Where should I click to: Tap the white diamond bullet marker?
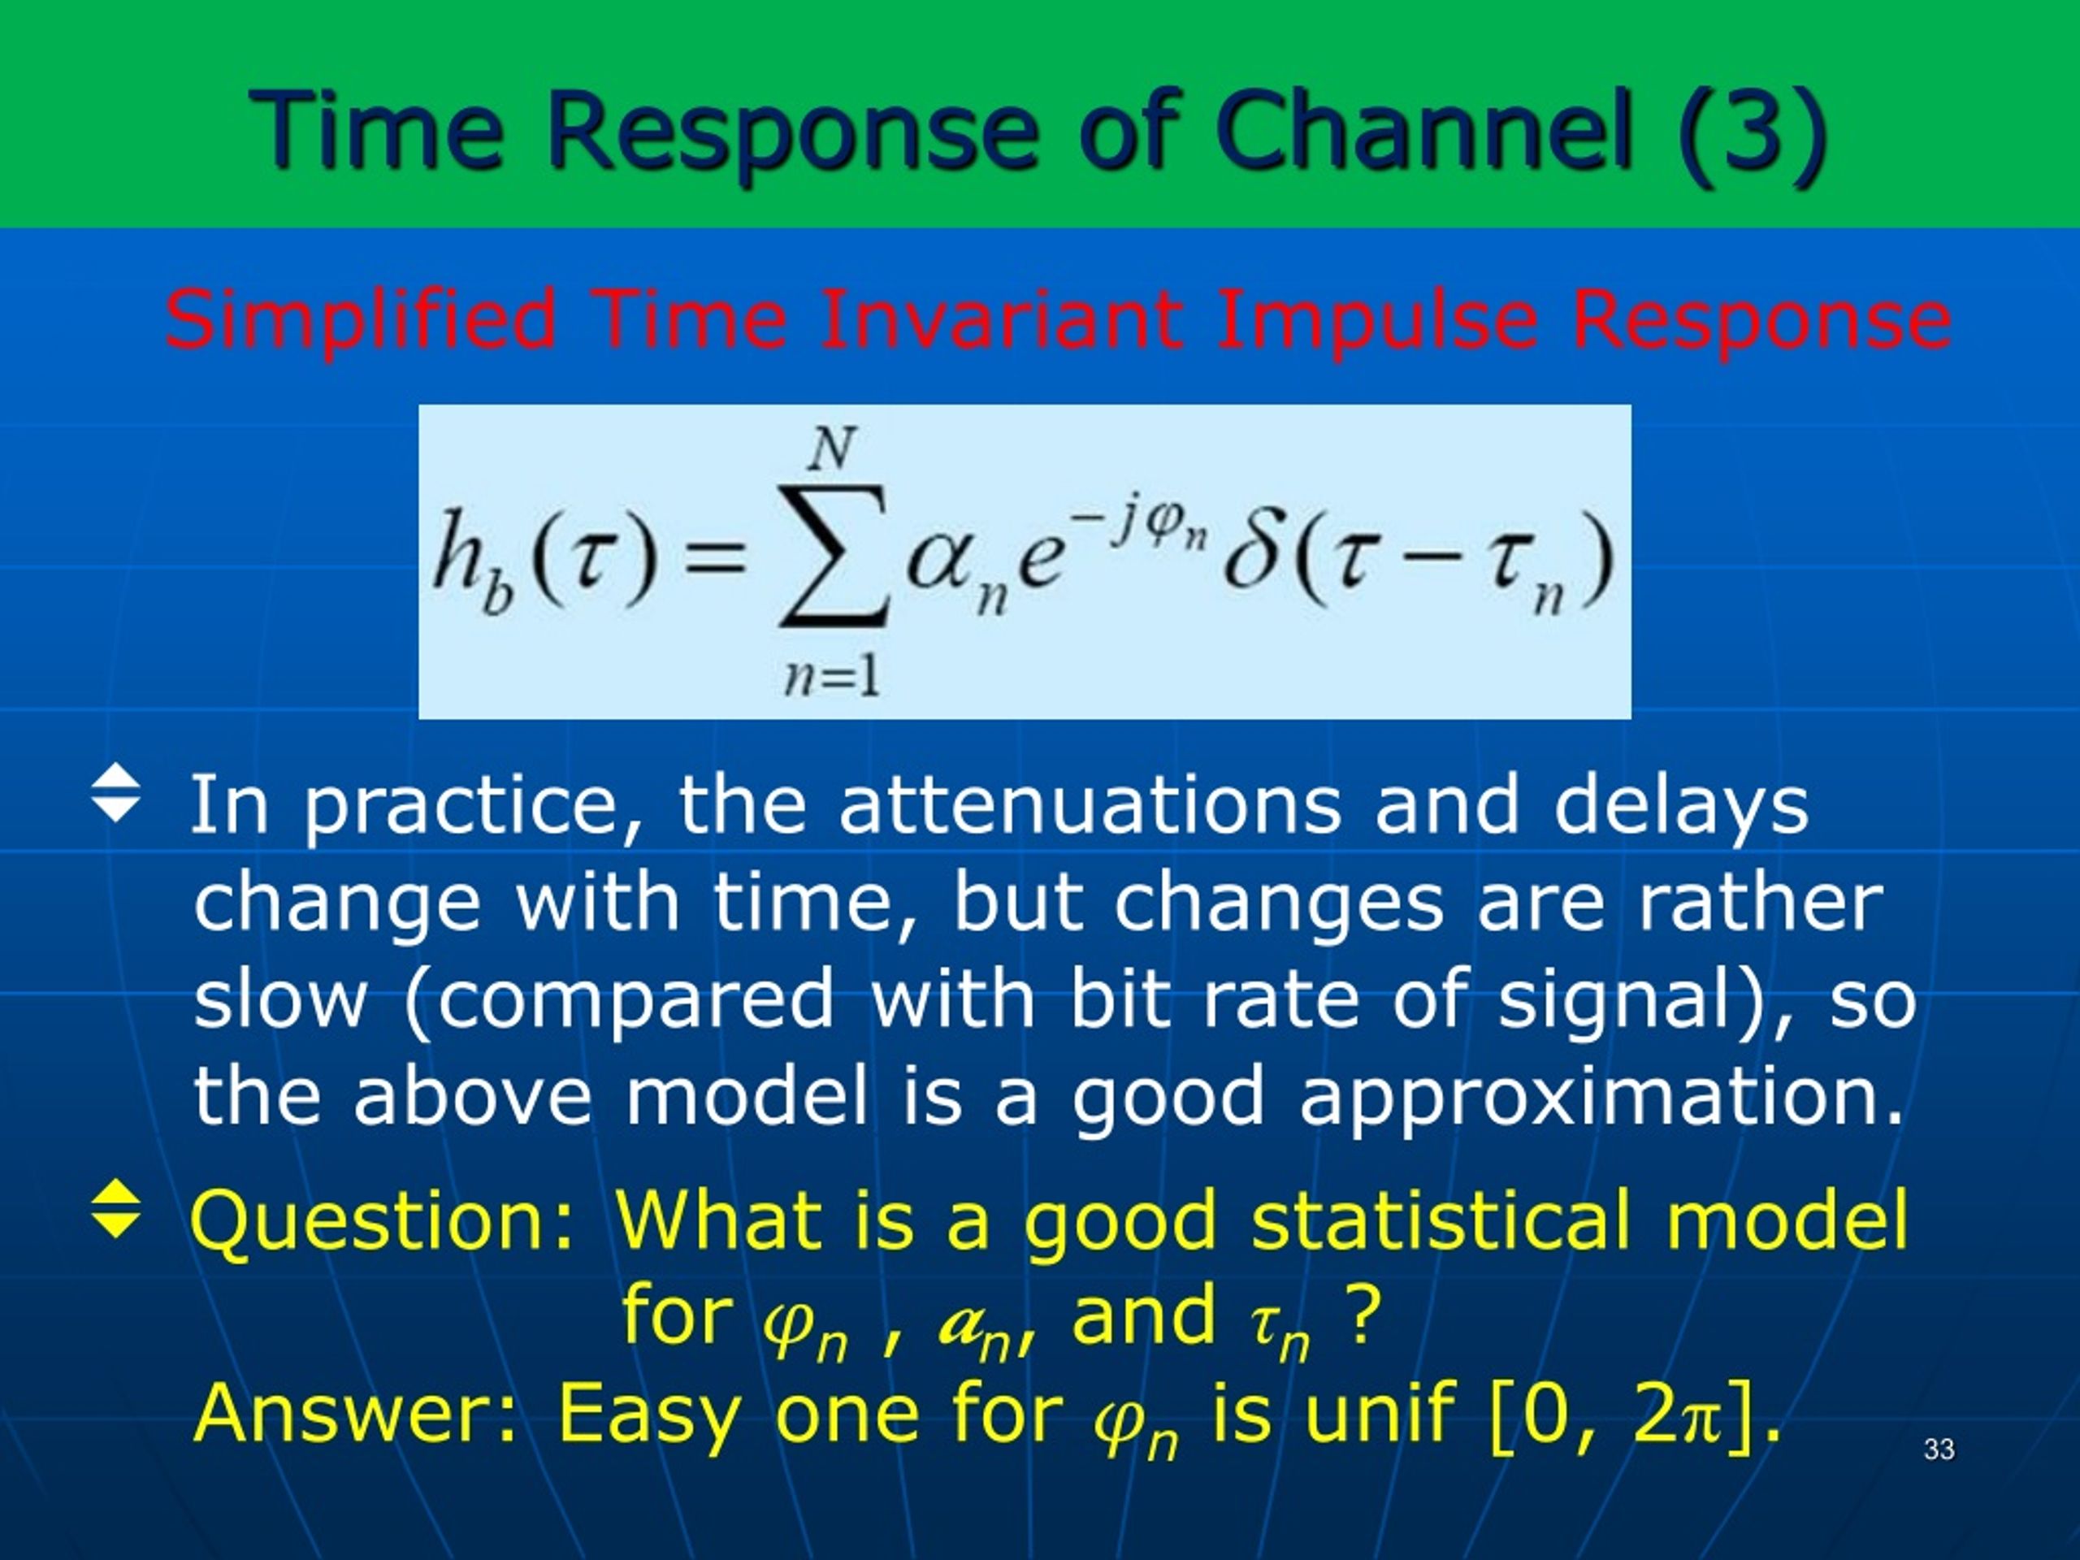point(117,791)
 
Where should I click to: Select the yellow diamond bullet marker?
point(117,1207)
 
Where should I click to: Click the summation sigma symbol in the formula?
point(833,556)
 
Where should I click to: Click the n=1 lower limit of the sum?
point(832,675)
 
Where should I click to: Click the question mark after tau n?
point(1365,1315)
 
